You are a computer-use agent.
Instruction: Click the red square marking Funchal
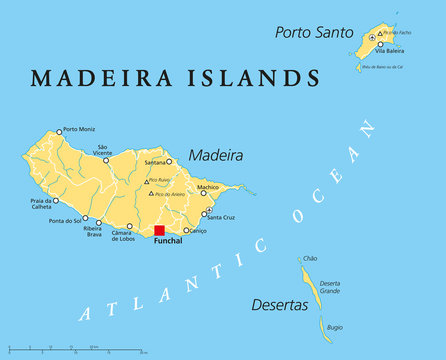[158, 231]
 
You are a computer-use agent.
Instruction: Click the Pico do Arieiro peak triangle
[150, 193]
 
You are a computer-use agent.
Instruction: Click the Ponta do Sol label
[66, 221]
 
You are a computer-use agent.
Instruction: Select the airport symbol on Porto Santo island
[372, 38]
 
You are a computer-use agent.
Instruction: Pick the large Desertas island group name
[279, 304]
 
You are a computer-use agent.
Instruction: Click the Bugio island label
[335, 326]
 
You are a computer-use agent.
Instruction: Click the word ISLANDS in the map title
[256, 78]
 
